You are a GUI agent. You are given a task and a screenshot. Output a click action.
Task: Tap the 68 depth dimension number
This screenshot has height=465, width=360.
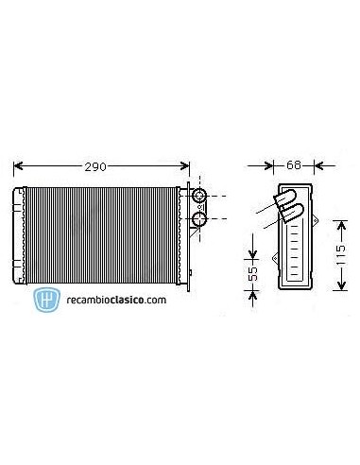(293, 165)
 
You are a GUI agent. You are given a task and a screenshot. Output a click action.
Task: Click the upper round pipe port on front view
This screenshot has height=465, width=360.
(200, 197)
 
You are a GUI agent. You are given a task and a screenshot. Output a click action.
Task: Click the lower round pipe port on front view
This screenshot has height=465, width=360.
(200, 220)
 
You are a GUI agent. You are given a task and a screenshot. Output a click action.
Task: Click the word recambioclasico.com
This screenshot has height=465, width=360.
(115, 299)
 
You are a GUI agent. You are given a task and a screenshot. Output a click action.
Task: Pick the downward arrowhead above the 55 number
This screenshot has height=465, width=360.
(253, 251)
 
